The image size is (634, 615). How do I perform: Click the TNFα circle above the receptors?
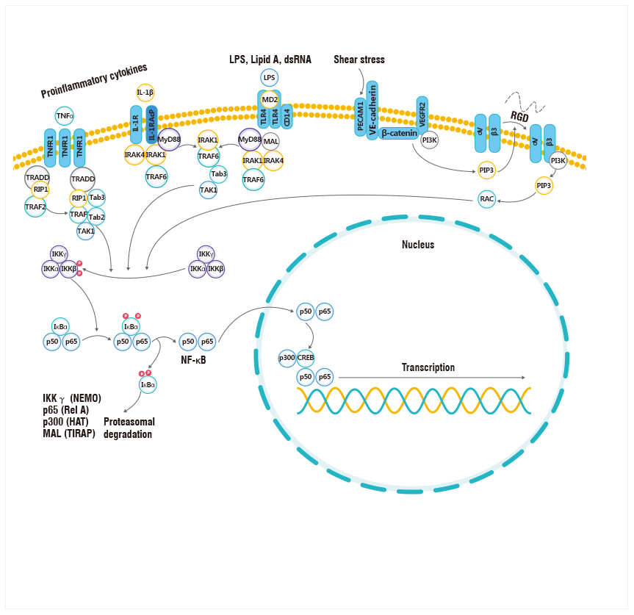(x=65, y=115)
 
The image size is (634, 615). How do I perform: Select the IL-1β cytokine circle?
(x=145, y=93)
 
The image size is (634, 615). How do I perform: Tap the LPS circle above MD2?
(x=270, y=77)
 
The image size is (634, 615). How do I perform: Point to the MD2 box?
(x=270, y=99)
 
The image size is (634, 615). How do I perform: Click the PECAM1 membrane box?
(x=360, y=117)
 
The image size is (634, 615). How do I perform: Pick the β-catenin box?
(x=399, y=134)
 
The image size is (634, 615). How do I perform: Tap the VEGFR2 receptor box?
(x=422, y=115)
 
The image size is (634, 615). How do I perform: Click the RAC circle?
(x=486, y=198)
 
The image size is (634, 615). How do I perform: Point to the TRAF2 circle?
(x=35, y=206)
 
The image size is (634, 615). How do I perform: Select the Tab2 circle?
(x=96, y=217)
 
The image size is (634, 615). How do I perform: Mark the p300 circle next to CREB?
(x=287, y=358)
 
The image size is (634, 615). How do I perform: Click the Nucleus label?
(x=418, y=244)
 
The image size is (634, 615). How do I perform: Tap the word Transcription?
(x=428, y=367)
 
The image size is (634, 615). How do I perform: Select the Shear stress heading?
(x=359, y=60)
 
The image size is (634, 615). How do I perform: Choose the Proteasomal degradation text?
(x=129, y=428)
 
